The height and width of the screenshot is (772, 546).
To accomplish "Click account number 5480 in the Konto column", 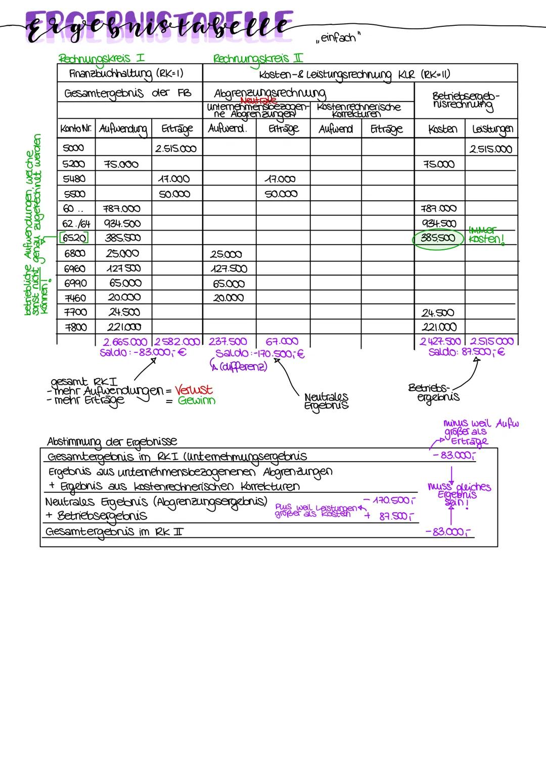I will point(74,178).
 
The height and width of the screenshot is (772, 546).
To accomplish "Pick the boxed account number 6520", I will point(74,238).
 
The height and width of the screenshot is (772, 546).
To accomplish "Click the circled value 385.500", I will point(438,238).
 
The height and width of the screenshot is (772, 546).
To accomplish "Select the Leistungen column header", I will point(491,129).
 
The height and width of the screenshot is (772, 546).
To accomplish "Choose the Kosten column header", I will point(442,129).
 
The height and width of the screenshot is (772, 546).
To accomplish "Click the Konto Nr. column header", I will point(76,129).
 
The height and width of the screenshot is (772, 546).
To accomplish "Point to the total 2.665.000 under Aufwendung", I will point(125,342).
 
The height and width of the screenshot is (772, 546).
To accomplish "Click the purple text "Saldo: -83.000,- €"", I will point(143,352).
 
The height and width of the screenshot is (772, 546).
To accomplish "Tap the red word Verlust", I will point(194,390).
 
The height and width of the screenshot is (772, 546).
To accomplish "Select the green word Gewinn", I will point(197,401).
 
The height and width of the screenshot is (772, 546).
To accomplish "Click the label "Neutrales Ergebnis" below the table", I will point(326,401).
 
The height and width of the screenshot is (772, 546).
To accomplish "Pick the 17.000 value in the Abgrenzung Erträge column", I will point(281,179).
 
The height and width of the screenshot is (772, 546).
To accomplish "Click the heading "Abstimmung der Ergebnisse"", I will point(112,441).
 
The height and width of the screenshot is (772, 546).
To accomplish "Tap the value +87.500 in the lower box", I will point(390,516).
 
